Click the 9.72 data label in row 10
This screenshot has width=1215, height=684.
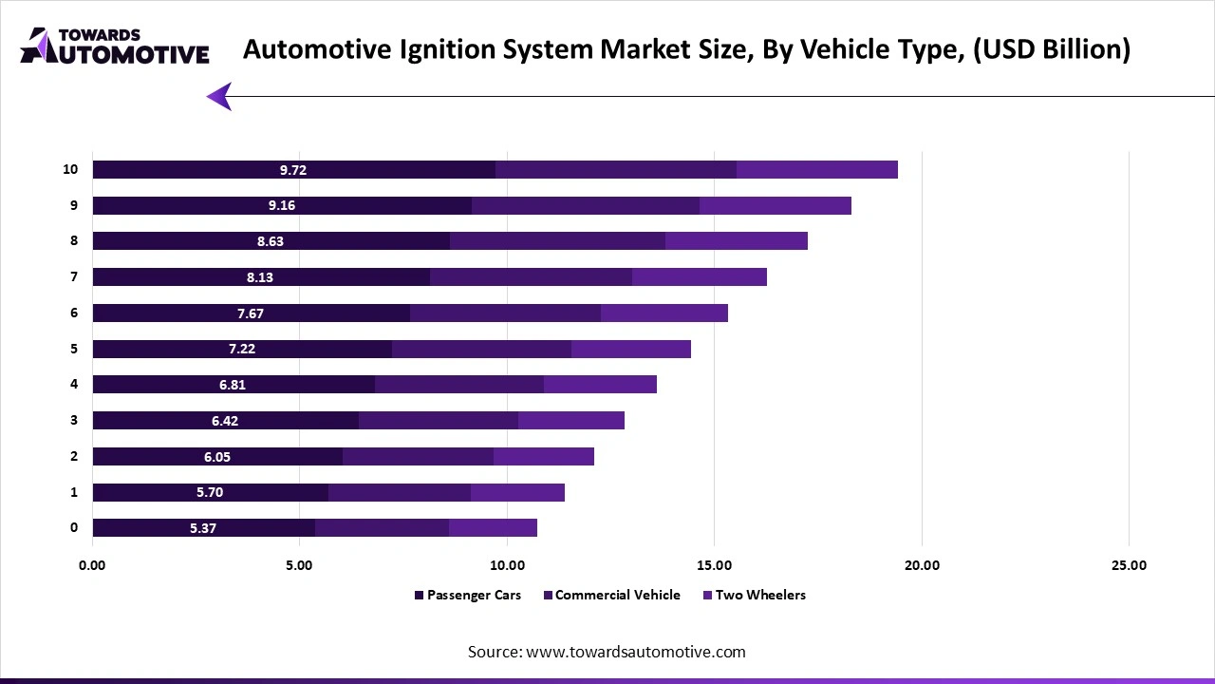[293, 170]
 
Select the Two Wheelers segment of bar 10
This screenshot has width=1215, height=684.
[816, 170]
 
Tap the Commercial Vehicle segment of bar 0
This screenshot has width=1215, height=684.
[382, 528]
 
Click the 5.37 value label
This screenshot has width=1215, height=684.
[202, 528]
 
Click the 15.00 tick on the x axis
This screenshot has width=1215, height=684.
[714, 565]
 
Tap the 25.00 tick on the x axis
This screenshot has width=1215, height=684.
[1128, 565]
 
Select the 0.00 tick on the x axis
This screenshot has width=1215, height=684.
[92, 565]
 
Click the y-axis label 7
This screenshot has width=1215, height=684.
[74, 277]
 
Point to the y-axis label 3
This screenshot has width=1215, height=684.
[74, 421]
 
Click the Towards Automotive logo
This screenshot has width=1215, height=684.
[114, 46]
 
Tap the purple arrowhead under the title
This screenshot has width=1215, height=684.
[219, 96]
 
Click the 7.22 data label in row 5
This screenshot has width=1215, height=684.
[242, 349]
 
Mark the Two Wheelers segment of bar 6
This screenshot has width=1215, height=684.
[664, 313]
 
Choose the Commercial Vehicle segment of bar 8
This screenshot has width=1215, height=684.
[557, 241]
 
